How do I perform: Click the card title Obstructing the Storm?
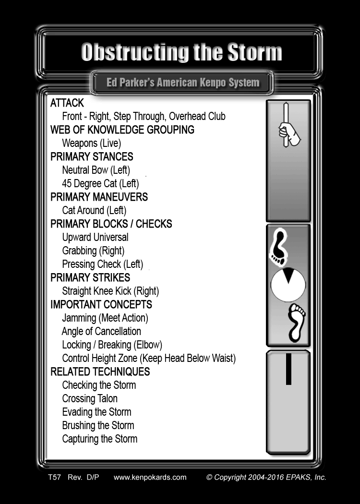coord(181,52)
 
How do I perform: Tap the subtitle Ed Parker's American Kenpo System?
coord(183,83)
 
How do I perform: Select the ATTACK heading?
coord(67,103)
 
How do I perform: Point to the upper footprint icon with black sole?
coord(278,247)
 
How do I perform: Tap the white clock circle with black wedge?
coord(288,285)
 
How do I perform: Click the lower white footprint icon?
coord(296,323)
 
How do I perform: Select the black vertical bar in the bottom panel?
coord(288,369)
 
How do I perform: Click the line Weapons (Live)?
coord(92,144)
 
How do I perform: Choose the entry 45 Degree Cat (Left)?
coord(101,183)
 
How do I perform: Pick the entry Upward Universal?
coord(95,237)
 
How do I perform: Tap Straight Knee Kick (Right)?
coord(110,291)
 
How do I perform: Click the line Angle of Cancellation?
coord(101,331)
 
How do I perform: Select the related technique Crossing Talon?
coord(90,398)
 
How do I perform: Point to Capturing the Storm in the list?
coord(100,439)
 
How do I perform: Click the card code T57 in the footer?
coord(54,477)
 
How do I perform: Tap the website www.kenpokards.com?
coord(150,477)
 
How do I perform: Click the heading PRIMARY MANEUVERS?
coord(99,197)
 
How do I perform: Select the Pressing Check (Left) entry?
coord(103,264)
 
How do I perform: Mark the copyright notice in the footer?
coord(266,477)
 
